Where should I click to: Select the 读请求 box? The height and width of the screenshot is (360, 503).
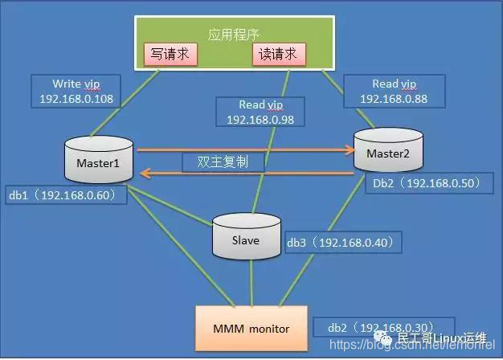pos(280,55)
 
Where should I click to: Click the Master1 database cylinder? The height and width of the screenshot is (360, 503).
pos(98,161)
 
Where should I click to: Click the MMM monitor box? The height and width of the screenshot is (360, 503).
pos(251,328)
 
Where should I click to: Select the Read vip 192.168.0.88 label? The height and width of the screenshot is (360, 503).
pos(393,91)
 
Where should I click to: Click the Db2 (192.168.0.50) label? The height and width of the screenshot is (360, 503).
pos(427,183)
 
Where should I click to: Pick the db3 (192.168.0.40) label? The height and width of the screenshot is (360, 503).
pos(338,242)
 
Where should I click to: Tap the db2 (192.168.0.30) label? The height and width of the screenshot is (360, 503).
pos(377,328)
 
